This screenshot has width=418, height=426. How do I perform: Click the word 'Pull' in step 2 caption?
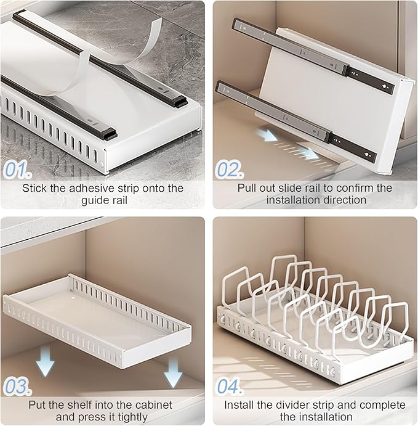[248, 188]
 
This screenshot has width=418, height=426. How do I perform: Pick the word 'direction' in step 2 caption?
[343, 200]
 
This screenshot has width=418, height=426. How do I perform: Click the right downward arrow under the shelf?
[173, 373]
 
